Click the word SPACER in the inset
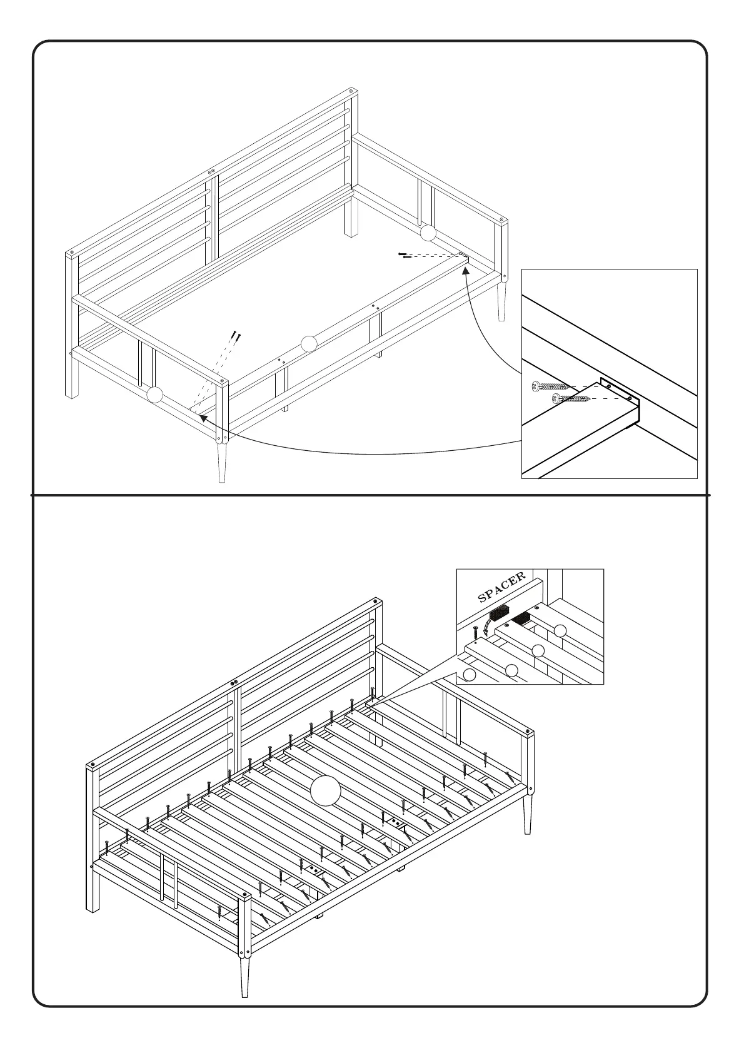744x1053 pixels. (501, 587)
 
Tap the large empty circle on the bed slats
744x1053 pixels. (325, 790)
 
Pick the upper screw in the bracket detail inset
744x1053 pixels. (546, 387)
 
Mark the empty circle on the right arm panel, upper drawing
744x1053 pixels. (428, 233)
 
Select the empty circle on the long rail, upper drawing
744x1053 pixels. (309, 344)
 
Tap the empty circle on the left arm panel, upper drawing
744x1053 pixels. (154, 395)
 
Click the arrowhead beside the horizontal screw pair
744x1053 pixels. (465, 271)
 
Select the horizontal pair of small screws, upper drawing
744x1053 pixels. (405, 255)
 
